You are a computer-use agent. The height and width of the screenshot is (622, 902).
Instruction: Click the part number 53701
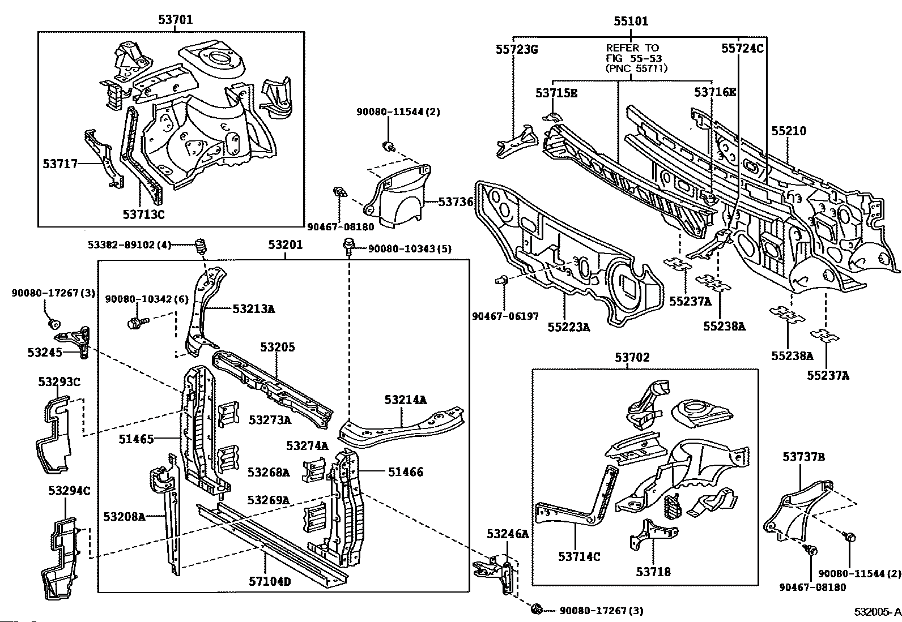pos(175,19)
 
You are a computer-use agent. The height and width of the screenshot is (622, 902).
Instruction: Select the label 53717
pos(60,164)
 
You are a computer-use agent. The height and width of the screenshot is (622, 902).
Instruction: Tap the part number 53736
pos(456,201)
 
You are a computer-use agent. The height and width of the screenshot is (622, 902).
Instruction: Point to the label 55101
pos(631,21)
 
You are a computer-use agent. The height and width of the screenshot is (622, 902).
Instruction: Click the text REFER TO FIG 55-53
pos(634,53)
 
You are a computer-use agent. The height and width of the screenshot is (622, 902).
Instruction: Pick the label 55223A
pos(569,327)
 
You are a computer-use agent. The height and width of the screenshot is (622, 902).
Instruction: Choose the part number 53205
pos(278,347)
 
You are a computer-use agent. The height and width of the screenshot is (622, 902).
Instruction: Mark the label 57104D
pos(269,581)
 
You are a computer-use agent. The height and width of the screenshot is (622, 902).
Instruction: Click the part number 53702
pos(632,357)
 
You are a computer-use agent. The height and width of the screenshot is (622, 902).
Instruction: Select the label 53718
pos(653,571)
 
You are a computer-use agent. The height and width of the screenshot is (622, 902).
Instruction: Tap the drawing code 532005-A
pos(878,612)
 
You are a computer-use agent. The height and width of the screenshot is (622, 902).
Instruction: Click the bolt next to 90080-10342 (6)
pos(138,322)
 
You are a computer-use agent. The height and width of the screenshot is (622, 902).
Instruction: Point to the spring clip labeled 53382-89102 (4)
pos(201,246)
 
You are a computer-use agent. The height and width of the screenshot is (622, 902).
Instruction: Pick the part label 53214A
pos(406,400)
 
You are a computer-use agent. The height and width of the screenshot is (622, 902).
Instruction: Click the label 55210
pos(789,131)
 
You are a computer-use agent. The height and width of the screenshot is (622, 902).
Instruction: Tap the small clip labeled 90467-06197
pos(501,280)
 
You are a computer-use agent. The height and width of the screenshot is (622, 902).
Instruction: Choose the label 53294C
pos(69,491)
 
